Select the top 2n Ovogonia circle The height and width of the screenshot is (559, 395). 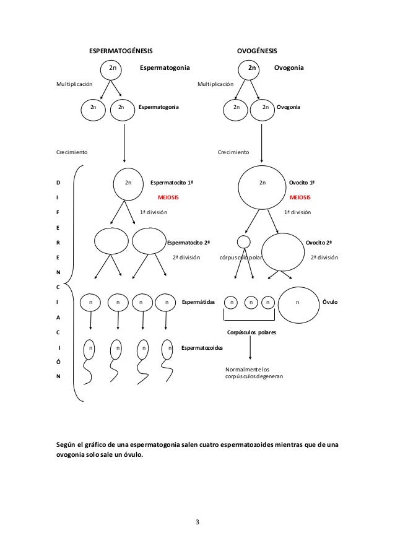pyautogui.click(x=252, y=67)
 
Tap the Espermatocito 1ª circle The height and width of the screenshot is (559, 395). pyautogui.click(x=128, y=183)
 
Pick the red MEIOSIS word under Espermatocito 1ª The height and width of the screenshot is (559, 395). pyautogui.click(x=168, y=197)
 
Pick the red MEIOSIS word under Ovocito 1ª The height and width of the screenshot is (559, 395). pyautogui.click(x=300, y=197)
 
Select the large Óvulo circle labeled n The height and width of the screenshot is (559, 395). pyautogui.click(x=298, y=303)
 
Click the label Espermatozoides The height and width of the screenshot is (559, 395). pyautogui.click(x=202, y=348)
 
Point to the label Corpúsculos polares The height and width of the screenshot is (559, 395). pyautogui.click(x=251, y=332)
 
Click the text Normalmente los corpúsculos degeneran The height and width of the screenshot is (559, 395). pyautogui.click(x=254, y=373)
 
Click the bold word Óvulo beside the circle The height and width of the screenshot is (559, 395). pyautogui.click(x=330, y=303)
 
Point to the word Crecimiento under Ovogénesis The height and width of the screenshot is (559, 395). pyautogui.click(x=233, y=152)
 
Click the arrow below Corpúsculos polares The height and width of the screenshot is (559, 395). pyautogui.click(x=250, y=349)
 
